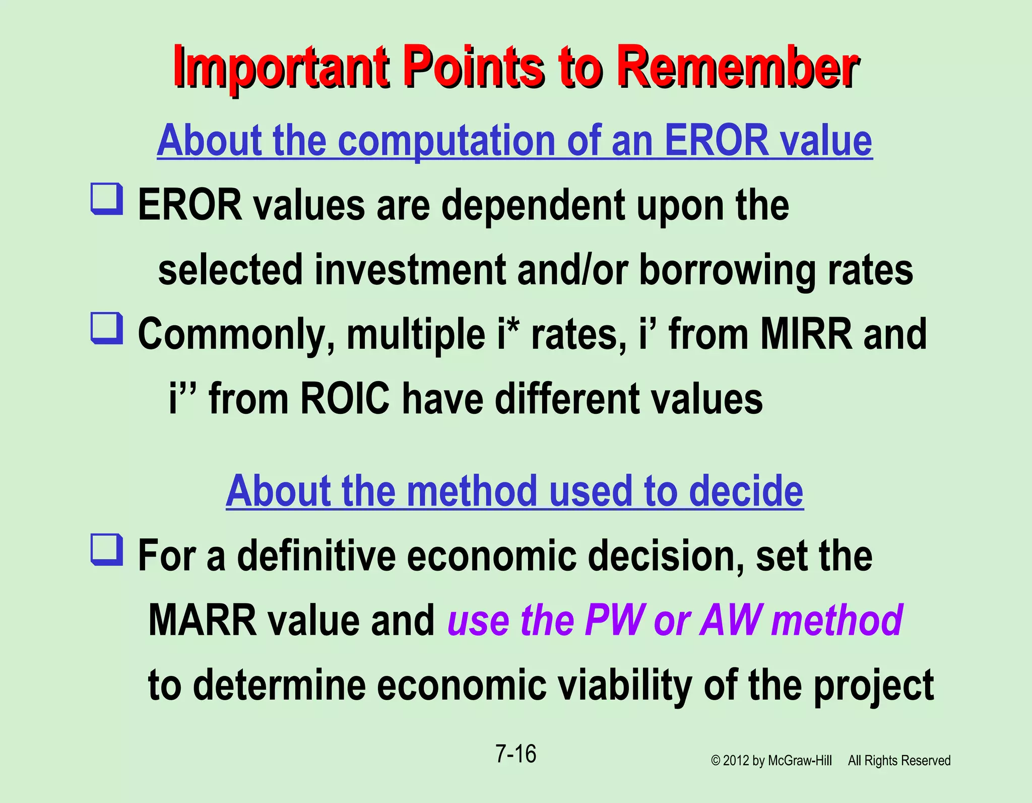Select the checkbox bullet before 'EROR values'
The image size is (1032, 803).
106,199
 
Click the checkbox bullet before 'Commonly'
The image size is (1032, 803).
106,328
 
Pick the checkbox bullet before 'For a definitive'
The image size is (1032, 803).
106,549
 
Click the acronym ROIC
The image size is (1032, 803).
345,398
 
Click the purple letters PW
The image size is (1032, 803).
615,620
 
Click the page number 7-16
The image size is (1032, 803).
515,754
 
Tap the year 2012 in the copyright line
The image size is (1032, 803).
736,761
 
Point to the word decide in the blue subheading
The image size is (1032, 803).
746,491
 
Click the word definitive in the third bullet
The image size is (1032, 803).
316,555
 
